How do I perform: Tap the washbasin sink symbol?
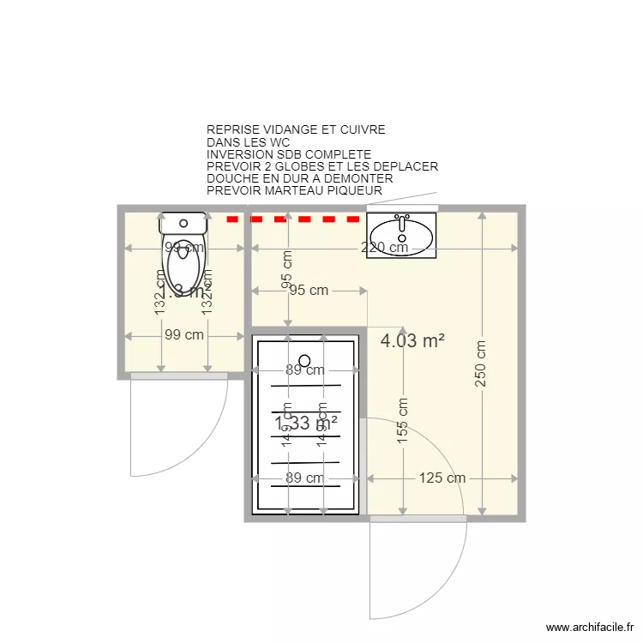coord(401,232)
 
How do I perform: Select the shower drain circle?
coord(304,361)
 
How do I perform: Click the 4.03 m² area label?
coord(412,340)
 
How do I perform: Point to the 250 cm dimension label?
coord(480,364)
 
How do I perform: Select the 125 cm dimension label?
coord(442,478)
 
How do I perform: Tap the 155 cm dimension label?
coord(402,421)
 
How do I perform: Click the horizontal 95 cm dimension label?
coord(308,291)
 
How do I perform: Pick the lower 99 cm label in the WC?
coord(183,335)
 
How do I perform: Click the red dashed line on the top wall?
coord(292,219)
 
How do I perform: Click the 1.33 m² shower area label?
coord(306,424)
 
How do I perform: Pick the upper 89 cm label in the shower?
coord(304,371)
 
